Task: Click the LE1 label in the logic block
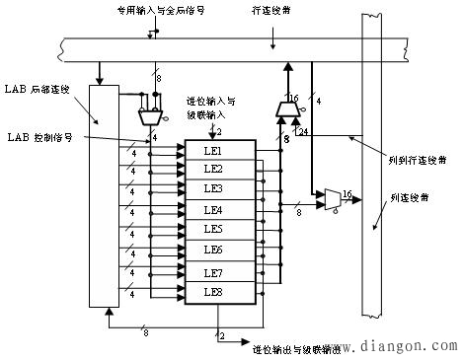pos(213,149)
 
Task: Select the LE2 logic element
pos(213,169)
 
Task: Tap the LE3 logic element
pos(213,188)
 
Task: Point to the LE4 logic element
pos(213,210)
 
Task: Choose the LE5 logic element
pos(213,230)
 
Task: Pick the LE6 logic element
pos(213,250)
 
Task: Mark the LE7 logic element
pos(213,271)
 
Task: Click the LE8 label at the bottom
pos(213,291)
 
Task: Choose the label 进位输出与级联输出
pos(296,348)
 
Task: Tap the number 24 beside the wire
pos(301,131)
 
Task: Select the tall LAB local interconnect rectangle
pos(103,195)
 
